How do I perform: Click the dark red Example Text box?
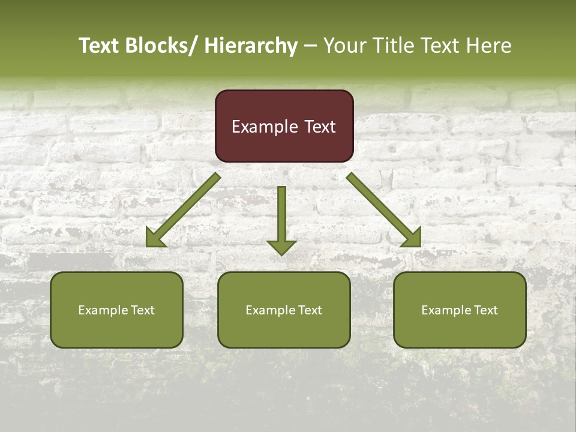click(284, 126)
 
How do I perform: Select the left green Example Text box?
click(116, 310)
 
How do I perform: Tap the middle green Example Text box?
click(284, 310)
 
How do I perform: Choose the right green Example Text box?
click(460, 310)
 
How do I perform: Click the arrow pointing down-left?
click(184, 210)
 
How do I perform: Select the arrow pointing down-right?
click(383, 209)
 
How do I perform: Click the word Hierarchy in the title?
click(251, 46)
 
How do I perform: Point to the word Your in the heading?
click(344, 46)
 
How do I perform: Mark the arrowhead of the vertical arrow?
click(281, 246)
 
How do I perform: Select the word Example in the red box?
click(265, 127)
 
